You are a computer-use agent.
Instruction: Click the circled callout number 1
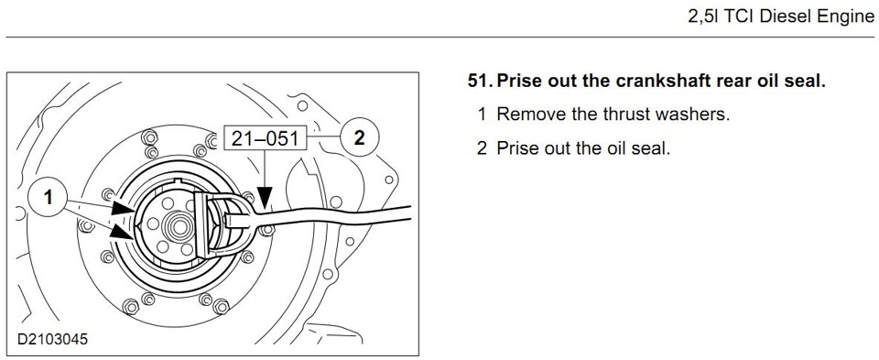49,198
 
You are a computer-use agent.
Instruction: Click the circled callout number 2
359,137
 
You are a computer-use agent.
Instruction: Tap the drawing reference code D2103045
52,339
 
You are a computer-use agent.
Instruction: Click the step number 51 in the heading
480,82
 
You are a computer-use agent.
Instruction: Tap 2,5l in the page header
702,16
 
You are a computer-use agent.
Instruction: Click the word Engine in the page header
844,17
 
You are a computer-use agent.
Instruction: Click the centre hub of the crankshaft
179,227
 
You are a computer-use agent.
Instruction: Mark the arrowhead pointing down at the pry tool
264,197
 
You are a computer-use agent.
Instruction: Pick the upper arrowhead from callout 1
124,209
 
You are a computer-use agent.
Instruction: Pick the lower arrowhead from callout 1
122,230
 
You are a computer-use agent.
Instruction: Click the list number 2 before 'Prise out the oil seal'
482,148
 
